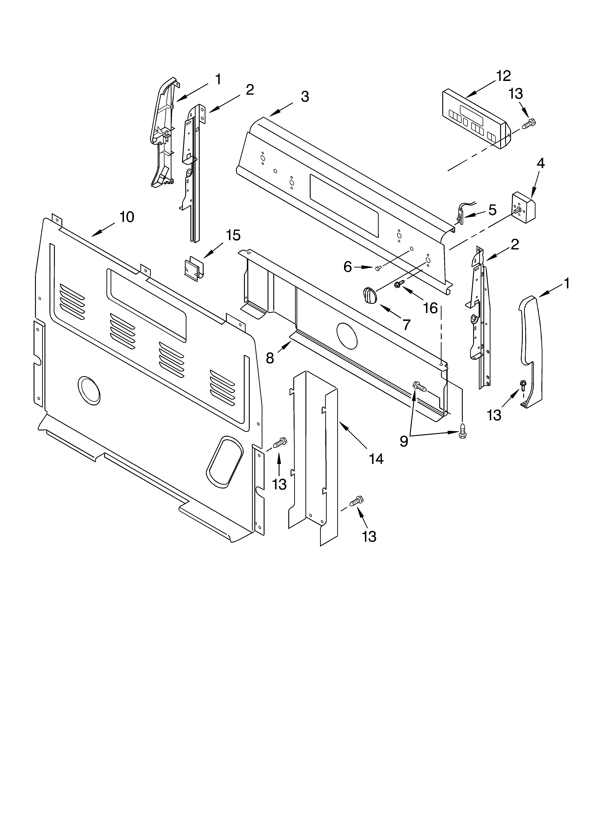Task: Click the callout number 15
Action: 233,235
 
